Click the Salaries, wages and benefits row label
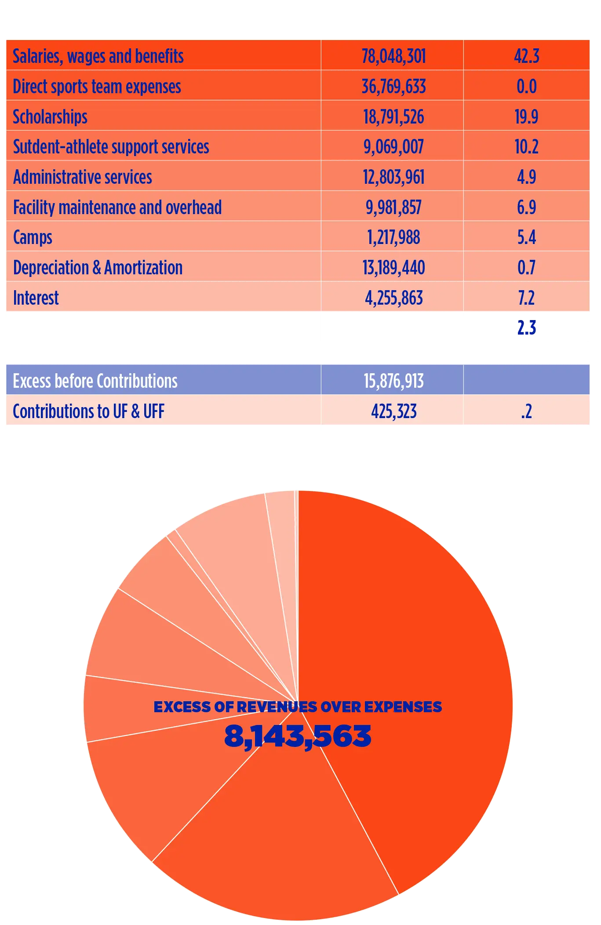98,56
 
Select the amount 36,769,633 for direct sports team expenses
393,87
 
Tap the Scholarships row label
50,117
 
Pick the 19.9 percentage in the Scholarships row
526,117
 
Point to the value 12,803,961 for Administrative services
393,177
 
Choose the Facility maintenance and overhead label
117,208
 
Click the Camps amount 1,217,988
393,237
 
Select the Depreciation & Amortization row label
98,268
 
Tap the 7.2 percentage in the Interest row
526,298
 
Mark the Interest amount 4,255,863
393,298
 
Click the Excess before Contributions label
95,381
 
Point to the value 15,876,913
393,381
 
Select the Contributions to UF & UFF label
88,412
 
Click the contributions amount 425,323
393,412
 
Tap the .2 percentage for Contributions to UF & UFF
526,412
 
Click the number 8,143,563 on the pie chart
298,736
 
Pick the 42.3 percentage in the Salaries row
526,56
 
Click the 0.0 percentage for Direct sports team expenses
526,87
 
